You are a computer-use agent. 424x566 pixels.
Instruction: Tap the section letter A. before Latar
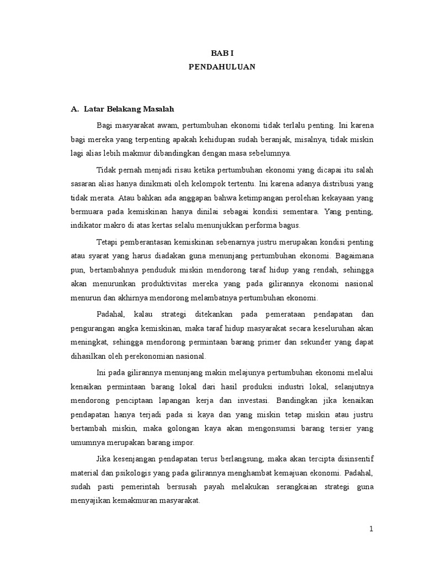75,109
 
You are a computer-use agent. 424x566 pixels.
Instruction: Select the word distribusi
333,182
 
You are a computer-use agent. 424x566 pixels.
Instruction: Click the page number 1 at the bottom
372,529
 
